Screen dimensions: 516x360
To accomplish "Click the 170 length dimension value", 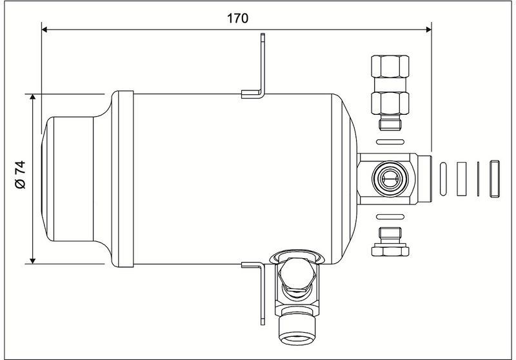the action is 237,19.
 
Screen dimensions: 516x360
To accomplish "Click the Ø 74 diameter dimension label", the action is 20,175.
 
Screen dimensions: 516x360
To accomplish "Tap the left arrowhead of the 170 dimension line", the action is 45,30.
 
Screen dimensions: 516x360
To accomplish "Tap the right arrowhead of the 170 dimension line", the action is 428,30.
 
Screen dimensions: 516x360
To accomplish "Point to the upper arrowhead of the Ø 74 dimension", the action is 33,97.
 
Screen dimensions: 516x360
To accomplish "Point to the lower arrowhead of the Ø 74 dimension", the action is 33,261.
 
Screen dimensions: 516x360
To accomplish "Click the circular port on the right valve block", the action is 390,178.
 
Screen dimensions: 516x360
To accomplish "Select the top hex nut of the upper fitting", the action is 390,66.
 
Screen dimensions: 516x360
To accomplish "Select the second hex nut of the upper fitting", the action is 390,103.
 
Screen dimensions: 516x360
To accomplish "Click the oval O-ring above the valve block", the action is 390,142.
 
